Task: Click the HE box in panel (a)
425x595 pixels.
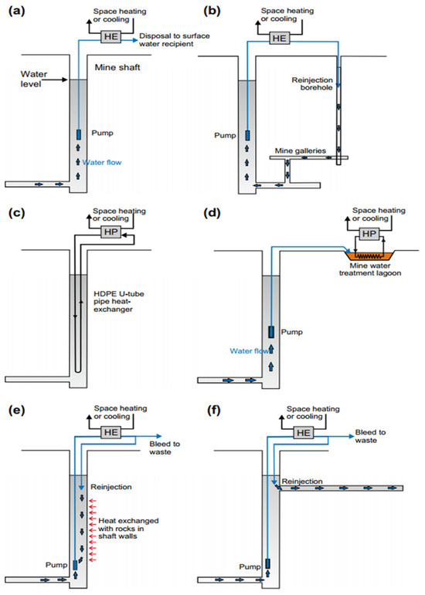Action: tap(111, 37)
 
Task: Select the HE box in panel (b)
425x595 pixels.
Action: tap(279, 39)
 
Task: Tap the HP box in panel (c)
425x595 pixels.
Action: tap(111, 232)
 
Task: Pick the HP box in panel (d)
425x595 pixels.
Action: tap(369, 234)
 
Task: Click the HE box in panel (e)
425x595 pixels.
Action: tap(111, 432)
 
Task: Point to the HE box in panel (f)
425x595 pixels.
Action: tap(304, 433)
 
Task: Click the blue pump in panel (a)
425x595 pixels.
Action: tap(79, 134)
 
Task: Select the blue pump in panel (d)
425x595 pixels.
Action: tap(271, 332)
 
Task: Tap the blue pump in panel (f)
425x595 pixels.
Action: tap(268, 563)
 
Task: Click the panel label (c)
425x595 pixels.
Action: tap(16, 212)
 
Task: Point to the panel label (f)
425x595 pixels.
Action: tap(214, 411)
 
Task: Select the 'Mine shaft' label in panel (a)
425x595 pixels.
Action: tap(117, 68)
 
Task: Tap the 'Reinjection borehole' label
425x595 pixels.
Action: tap(312, 84)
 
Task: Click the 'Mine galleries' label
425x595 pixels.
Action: tap(300, 150)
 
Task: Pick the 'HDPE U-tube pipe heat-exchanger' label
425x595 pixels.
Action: tap(119, 302)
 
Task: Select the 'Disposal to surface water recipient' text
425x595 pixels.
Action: tap(175, 40)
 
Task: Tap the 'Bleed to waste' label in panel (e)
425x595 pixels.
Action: tap(165, 448)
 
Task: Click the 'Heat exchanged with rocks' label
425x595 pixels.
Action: tap(128, 528)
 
